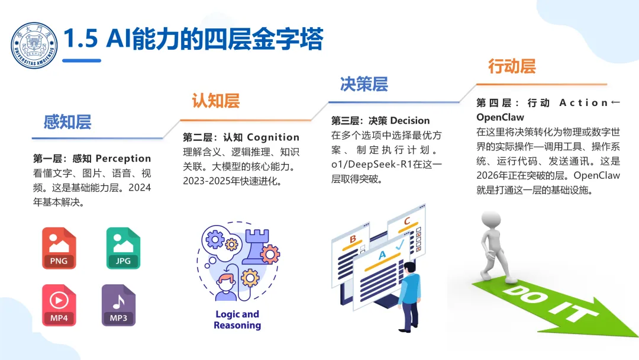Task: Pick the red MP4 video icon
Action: coord(59,306)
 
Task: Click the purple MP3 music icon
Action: coord(118,306)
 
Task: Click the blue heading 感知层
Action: coord(67,123)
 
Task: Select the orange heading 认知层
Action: coord(216,101)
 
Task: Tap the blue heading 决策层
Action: coord(364,84)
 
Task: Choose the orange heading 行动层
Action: coord(512,66)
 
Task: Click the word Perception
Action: coord(123,159)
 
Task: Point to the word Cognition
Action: coord(273,137)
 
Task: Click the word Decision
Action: coord(410,121)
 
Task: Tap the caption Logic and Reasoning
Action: coord(237,320)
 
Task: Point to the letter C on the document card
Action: coord(406,221)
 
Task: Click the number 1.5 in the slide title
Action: coord(80,40)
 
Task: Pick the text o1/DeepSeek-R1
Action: coord(366,164)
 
